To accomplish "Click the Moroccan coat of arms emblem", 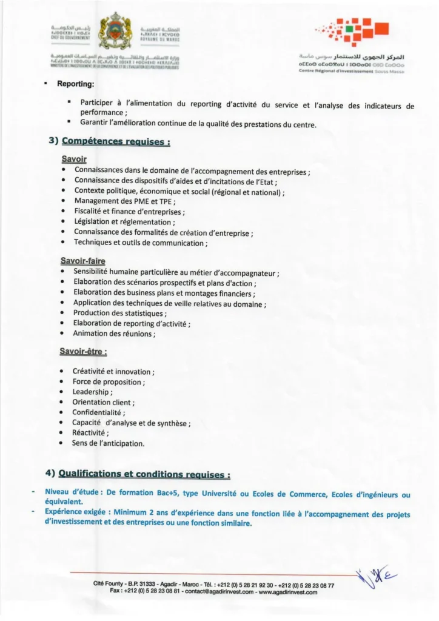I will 116,31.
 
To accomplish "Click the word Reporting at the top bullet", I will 75,84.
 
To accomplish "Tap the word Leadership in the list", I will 92,392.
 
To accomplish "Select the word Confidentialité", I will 98,412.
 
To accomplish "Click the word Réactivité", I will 90,433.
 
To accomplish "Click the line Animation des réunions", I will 113,334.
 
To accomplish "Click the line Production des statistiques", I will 119,313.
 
